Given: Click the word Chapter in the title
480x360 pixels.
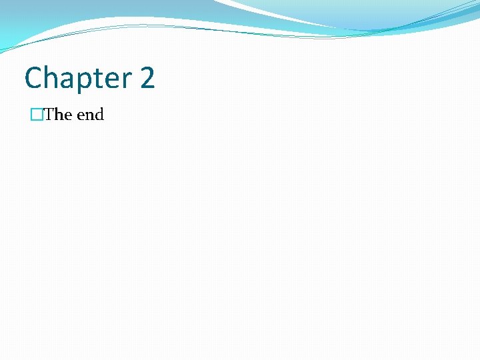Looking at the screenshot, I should coord(78,79).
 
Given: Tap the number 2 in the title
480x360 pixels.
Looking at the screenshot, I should coord(147,78).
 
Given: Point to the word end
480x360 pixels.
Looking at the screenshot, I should coord(91,115).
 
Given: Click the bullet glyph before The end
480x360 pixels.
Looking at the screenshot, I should coord(36,115).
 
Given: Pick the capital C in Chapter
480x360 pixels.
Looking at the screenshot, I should coord(33,78).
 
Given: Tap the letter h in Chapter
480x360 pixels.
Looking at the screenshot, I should coord(49,78).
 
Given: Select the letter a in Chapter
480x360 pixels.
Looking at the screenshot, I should coord(65,80).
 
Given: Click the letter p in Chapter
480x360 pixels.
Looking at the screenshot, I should coord(81,82).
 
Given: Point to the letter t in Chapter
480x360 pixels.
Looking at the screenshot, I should coord(95,79).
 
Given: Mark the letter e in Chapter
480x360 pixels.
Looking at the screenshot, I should coord(107,80).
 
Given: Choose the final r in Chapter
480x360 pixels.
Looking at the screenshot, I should coord(122,80).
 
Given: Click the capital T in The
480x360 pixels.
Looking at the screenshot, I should coord(49,115).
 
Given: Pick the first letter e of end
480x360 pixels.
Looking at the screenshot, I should coord(81,116).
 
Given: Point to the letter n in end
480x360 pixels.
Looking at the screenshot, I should coord(89,116).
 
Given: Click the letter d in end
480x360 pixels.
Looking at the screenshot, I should coord(99,115).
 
